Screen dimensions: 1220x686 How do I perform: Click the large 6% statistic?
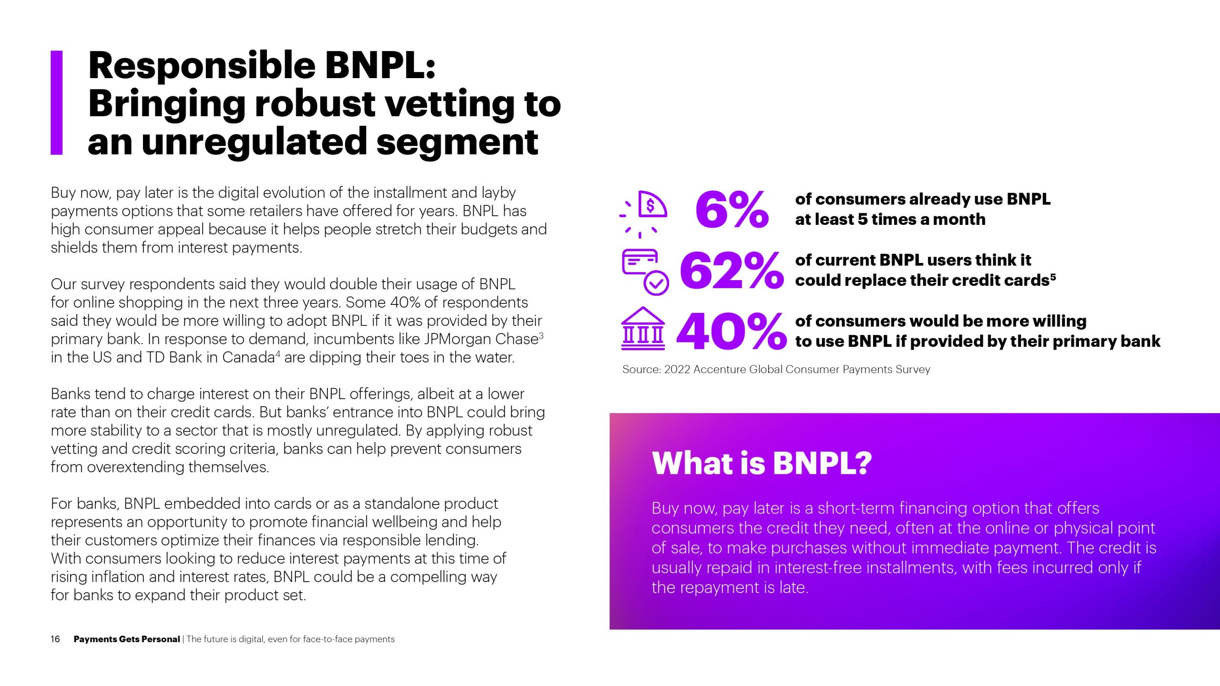coord(732,209)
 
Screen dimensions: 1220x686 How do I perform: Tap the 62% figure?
coord(732,271)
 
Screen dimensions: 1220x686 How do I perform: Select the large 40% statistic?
coord(732,331)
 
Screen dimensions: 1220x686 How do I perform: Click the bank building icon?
coord(643,328)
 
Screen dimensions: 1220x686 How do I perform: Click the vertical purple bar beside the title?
coord(57,103)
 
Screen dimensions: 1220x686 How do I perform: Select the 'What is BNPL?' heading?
coord(762,463)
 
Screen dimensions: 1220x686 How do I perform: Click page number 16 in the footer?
coord(55,639)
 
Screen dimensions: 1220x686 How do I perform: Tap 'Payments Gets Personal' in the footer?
coord(127,639)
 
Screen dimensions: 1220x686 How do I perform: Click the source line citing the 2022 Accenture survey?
coord(776,370)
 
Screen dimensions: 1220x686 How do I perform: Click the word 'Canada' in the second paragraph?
coord(248,357)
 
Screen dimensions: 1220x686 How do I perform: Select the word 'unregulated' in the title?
coord(254,142)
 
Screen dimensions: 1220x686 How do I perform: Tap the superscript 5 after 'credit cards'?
coord(1053,276)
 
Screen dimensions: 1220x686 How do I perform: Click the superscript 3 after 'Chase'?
coord(541,336)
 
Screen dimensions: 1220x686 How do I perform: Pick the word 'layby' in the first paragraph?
coord(498,193)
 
